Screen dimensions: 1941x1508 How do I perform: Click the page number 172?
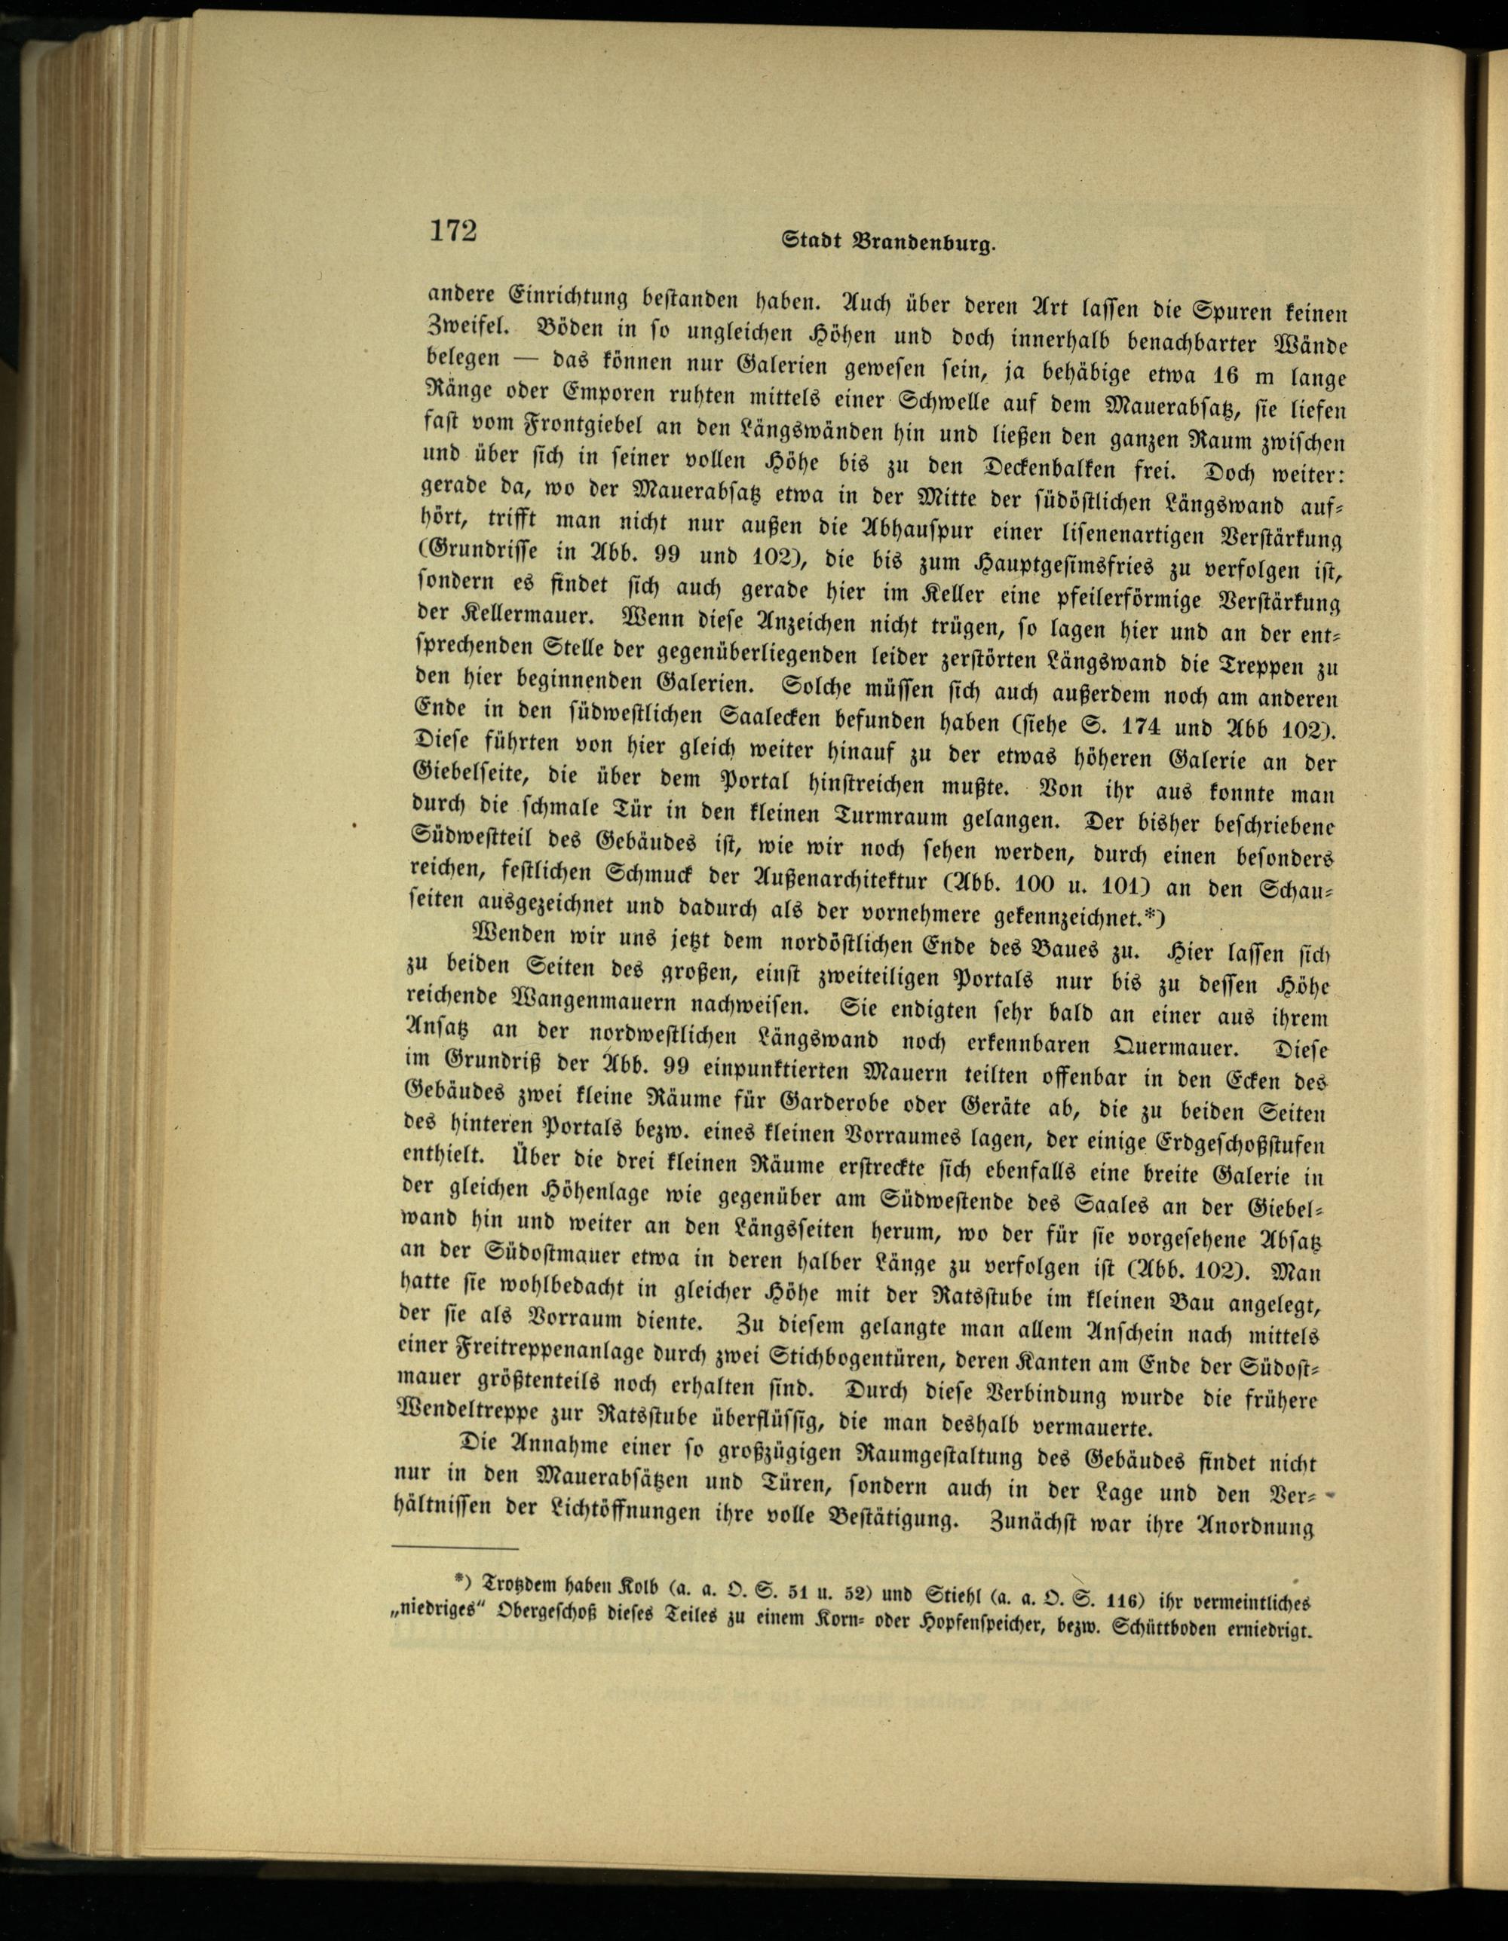453,231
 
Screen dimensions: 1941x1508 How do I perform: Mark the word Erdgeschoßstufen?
1243,1141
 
